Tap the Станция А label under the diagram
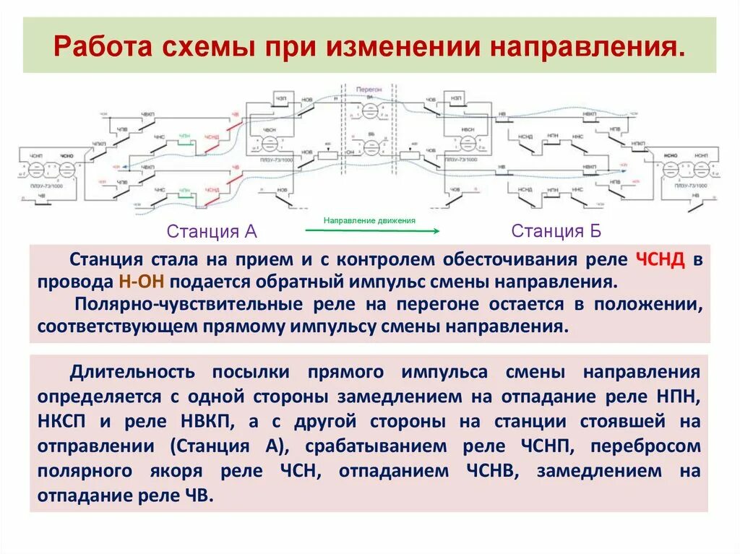click(x=212, y=231)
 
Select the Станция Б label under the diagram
click(x=556, y=231)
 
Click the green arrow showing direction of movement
click(x=372, y=230)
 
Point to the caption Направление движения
click(x=369, y=220)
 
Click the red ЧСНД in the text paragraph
click(x=661, y=260)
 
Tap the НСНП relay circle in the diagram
click(x=700, y=170)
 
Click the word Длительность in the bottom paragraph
click(x=132, y=372)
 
